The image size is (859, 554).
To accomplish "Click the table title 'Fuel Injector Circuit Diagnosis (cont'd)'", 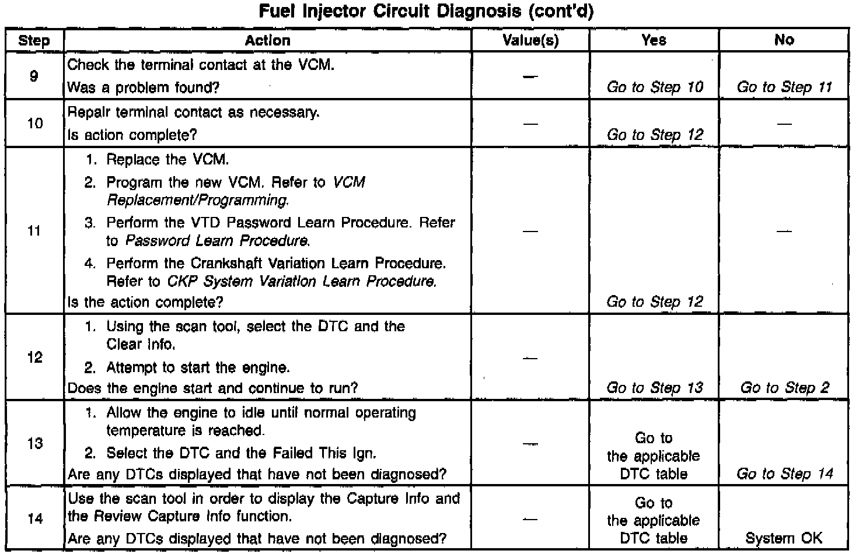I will point(426,12).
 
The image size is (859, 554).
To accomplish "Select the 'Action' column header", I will point(267,40).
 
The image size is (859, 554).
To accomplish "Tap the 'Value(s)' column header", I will point(530,40).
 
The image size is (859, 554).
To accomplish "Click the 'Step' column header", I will point(34,40).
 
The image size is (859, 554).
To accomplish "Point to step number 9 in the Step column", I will point(34,76).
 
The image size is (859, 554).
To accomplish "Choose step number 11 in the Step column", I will point(34,231).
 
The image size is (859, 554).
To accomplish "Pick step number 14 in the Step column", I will point(35,518).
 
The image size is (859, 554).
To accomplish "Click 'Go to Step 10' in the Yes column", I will point(655,87).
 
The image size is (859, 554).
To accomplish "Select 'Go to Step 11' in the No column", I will point(784,87).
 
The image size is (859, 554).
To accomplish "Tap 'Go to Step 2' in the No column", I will point(784,388).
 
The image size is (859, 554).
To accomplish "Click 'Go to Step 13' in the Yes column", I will point(655,388).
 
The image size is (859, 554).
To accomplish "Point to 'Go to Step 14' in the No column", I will point(784,474).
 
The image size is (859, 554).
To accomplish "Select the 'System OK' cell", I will point(784,538).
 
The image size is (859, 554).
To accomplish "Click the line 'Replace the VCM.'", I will point(167,160).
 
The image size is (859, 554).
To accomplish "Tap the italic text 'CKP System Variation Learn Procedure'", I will point(301,282).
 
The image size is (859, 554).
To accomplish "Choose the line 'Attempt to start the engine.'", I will point(198,368).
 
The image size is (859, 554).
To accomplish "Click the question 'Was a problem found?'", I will point(144,87).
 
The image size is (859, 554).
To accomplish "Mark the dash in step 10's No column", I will point(784,124).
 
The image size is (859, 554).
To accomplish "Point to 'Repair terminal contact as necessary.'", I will point(194,112).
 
